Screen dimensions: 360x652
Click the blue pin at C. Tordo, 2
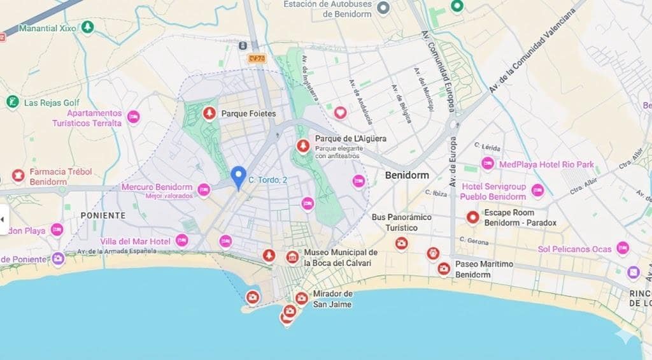pos(238,177)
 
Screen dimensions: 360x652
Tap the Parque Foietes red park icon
pos(208,113)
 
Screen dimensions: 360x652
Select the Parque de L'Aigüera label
pos(350,139)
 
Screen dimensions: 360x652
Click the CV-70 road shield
pos(257,58)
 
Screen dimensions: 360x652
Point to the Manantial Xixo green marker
pos(87,27)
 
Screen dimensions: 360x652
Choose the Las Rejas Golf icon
pos(12,102)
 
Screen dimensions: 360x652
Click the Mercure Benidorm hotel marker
pos(204,189)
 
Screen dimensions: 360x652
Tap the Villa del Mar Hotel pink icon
pos(182,240)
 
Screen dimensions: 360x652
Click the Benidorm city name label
pos(407,175)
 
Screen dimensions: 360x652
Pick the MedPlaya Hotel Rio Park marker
pos(488,164)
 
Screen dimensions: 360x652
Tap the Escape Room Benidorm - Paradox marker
pos(472,217)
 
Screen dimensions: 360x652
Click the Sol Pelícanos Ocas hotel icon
pos(622,248)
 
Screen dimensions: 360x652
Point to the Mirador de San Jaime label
pos(332,299)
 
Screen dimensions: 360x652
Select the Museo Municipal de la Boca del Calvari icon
pos(292,256)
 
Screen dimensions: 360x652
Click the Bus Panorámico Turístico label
pos(401,222)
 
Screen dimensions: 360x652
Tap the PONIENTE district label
pos(103,215)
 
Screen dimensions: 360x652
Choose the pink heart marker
pos(341,113)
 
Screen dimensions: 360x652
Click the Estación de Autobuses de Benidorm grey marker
pos(383,8)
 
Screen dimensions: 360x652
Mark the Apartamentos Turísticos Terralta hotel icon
pos(133,117)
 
